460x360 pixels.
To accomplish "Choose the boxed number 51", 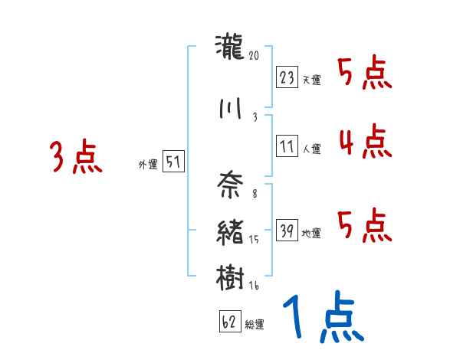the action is click(x=173, y=162).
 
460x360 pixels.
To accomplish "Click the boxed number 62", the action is click(x=229, y=322).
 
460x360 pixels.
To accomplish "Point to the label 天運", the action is click(x=311, y=80).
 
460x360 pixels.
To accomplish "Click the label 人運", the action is click(x=311, y=149).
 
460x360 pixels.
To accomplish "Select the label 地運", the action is click(x=311, y=232).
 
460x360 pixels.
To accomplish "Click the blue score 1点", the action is click(x=322, y=318).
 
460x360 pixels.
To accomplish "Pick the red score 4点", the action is click(x=365, y=142).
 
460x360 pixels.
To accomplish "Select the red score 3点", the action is click(x=76, y=158).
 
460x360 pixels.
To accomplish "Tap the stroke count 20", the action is click(x=255, y=56).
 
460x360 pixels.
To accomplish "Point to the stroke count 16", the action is click(x=255, y=285).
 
